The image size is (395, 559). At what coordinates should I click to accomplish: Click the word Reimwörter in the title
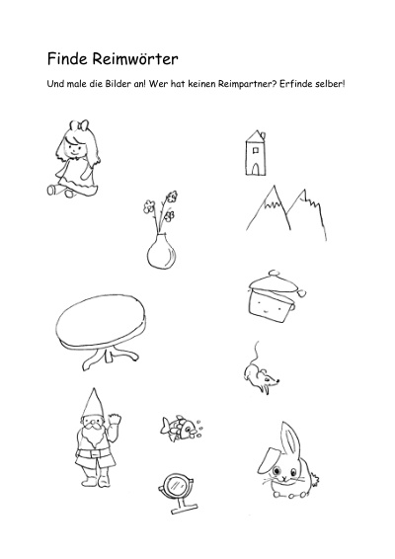coord(135,59)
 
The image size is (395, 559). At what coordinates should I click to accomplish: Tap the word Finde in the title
coord(67,59)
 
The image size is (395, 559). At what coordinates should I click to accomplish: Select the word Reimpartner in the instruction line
coord(248,84)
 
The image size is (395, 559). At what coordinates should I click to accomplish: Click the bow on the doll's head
coord(79,125)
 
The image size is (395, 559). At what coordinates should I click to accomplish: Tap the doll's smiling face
coord(74,147)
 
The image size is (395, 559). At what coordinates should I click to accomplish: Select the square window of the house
coord(255,150)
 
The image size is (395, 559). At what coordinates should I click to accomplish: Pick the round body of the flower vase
coord(162,253)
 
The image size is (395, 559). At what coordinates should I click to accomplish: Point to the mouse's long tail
coord(256,353)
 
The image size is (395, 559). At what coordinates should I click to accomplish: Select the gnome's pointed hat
coord(94,404)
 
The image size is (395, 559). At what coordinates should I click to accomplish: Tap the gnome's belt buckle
coord(94,454)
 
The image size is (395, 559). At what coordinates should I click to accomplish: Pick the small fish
coord(179,427)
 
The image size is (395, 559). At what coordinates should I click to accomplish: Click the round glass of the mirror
coord(176,485)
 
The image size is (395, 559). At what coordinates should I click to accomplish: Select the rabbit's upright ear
coord(290,440)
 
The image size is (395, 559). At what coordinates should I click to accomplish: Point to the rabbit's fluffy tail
coord(314,479)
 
